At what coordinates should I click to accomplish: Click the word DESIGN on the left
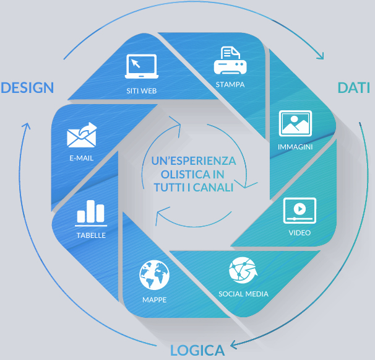27,87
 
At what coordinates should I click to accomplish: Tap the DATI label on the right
353,87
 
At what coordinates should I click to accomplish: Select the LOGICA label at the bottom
197,350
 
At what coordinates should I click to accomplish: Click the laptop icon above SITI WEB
142,66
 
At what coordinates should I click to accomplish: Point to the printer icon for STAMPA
230,61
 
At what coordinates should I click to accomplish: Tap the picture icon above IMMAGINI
295,124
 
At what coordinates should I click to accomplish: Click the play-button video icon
300,211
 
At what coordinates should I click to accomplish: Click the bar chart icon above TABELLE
91,213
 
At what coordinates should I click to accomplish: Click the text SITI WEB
141,90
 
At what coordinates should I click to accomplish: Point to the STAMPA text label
230,84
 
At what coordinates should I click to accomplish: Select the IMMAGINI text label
295,147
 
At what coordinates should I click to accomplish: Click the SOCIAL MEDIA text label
243,294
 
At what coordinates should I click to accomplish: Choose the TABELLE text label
91,235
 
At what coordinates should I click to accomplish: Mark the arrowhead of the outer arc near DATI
320,56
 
